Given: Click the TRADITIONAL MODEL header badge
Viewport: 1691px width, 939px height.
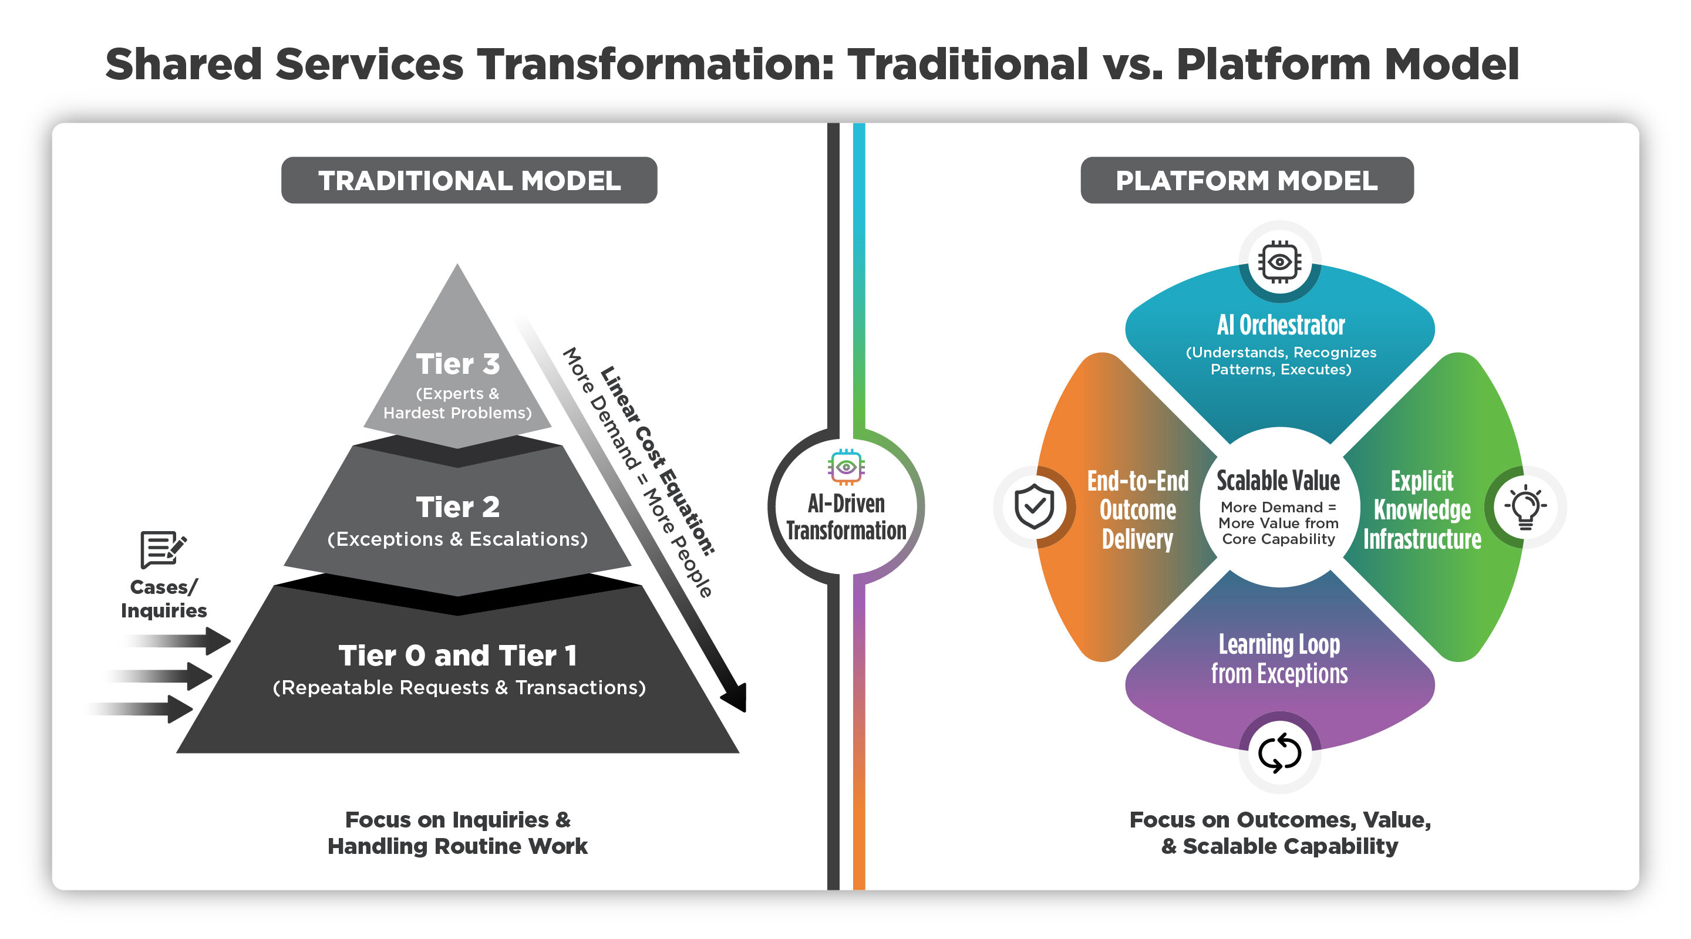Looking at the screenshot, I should pos(469,180).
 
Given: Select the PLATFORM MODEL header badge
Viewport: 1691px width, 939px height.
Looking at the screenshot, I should pos(1246,180).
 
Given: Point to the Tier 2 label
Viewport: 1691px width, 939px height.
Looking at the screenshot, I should pos(457,506).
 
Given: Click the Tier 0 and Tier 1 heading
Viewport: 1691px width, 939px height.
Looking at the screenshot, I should pos(457,655).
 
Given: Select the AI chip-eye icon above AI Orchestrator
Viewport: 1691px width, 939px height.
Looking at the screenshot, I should pos(1279,262).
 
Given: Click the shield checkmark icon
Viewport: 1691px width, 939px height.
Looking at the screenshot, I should pos(1034,506).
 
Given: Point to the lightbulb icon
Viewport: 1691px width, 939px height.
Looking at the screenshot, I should pos(1525,506).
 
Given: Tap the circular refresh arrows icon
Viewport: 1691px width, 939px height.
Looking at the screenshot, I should pos(1279,752).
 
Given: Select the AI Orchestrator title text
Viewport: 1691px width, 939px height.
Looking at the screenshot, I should pos(1280,325).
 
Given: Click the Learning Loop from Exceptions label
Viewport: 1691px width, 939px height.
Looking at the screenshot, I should pos(1279,659).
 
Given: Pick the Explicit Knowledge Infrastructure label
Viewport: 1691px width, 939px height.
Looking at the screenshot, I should pos(1422,510).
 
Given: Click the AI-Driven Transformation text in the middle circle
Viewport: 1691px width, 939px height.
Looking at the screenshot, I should pos(845,517).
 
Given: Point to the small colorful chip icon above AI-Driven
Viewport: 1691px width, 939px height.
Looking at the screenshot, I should pos(845,467).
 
